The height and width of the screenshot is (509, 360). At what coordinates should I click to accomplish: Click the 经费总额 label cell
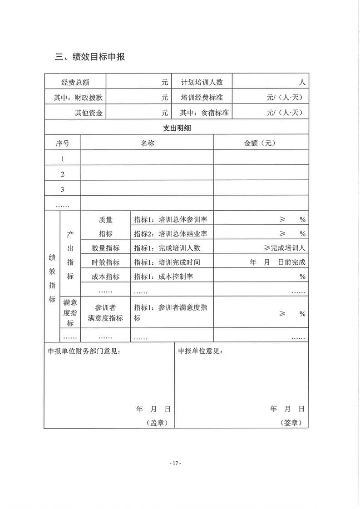pos(75,82)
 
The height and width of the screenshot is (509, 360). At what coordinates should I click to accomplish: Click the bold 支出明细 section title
pos(177,128)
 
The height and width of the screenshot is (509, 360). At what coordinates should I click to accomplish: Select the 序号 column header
pos(63,143)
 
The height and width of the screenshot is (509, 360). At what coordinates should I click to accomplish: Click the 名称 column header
pos(148,143)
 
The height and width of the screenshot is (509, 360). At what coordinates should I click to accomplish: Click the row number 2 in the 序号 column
pos(63,174)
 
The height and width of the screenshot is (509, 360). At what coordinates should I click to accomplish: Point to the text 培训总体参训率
pos(183,219)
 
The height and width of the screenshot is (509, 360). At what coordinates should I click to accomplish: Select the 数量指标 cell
pos(105,248)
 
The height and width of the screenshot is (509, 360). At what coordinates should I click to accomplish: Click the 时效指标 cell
pos(105,262)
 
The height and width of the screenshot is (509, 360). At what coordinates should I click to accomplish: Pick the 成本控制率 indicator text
pos(176,277)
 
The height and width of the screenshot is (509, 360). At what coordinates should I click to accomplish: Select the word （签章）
pos(291,422)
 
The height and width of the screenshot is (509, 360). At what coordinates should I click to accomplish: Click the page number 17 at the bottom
pos(175,463)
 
